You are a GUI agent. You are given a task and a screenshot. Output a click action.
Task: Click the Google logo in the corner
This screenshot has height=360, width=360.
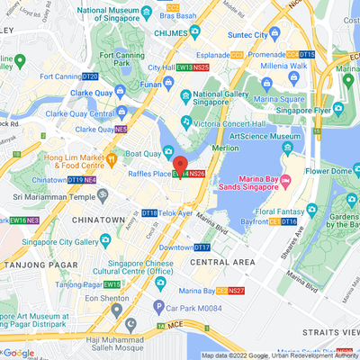coord(20,353)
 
